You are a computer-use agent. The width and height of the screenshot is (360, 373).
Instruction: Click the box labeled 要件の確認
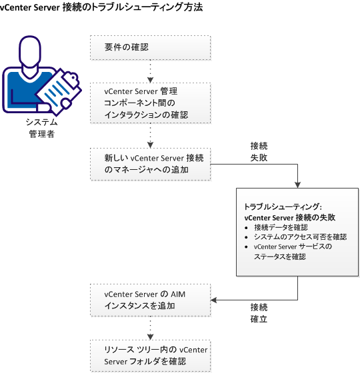(x=150, y=47)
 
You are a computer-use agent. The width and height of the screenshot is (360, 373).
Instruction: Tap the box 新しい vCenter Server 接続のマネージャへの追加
(x=150, y=165)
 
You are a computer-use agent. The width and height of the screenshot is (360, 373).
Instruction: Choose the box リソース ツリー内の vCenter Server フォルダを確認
(x=150, y=355)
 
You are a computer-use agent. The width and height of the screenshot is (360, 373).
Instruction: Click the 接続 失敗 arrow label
(x=259, y=151)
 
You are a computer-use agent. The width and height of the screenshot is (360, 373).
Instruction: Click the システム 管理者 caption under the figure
(x=41, y=128)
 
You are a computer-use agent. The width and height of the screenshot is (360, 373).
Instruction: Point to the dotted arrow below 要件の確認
(x=150, y=71)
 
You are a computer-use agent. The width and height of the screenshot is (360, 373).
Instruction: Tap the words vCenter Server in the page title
(x=35, y=8)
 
